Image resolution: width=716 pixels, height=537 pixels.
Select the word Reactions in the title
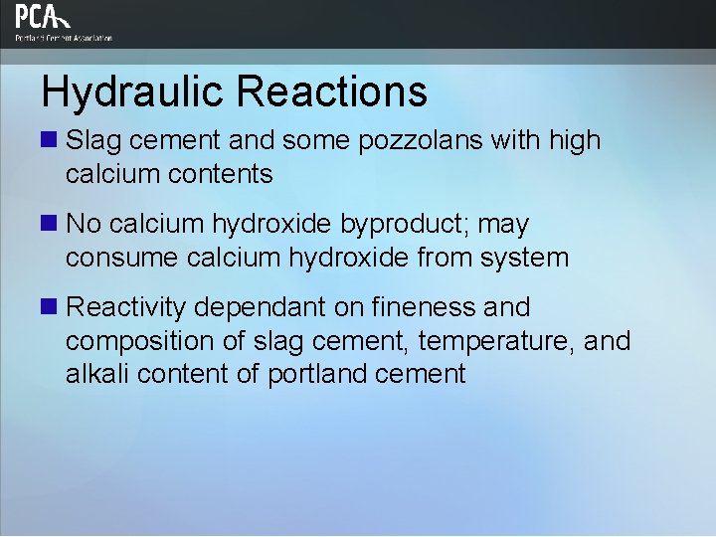coord(333,91)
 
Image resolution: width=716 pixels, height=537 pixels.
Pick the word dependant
coord(251,308)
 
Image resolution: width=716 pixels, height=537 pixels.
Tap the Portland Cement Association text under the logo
coord(64,38)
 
